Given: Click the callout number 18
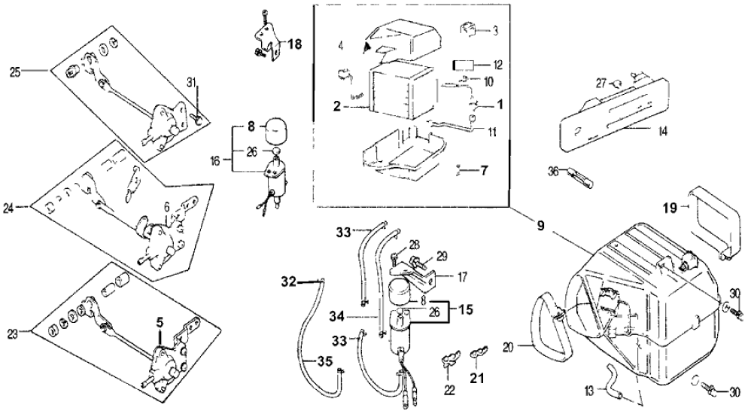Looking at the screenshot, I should coord(293,45).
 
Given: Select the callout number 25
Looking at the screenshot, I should coord(14,72).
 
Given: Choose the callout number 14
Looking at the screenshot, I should coord(661,131).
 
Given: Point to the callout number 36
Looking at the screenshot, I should coord(553,172).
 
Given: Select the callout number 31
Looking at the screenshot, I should coord(192,82).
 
